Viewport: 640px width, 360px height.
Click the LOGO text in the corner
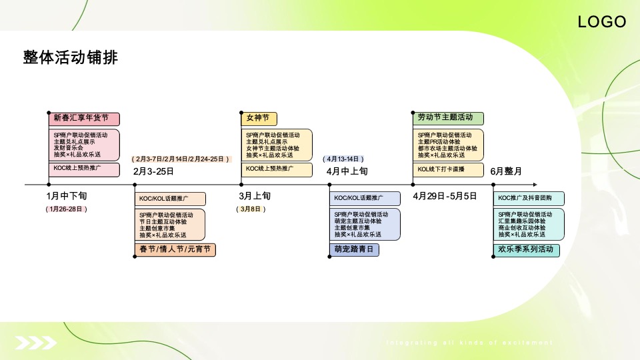(602, 22)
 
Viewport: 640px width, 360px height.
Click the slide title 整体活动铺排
(70, 58)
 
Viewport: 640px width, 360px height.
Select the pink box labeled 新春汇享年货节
(84, 119)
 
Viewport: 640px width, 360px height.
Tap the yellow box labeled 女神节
(259, 119)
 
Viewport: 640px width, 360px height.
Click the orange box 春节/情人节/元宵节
(175, 250)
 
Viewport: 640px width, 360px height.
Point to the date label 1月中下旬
(67, 196)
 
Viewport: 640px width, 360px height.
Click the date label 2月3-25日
(154, 171)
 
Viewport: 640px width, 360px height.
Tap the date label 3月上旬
(255, 196)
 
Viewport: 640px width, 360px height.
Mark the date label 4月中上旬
(347, 171)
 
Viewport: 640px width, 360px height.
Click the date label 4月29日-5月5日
(445, 196)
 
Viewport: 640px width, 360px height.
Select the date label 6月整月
(506, 171)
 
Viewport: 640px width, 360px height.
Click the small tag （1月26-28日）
(67, 209)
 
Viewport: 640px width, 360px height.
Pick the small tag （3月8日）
(251, 209)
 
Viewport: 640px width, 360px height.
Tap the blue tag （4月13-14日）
(343, 159)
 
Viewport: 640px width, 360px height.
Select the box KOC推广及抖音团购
(529, 198)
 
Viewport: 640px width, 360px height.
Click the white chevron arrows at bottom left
(37, 343)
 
